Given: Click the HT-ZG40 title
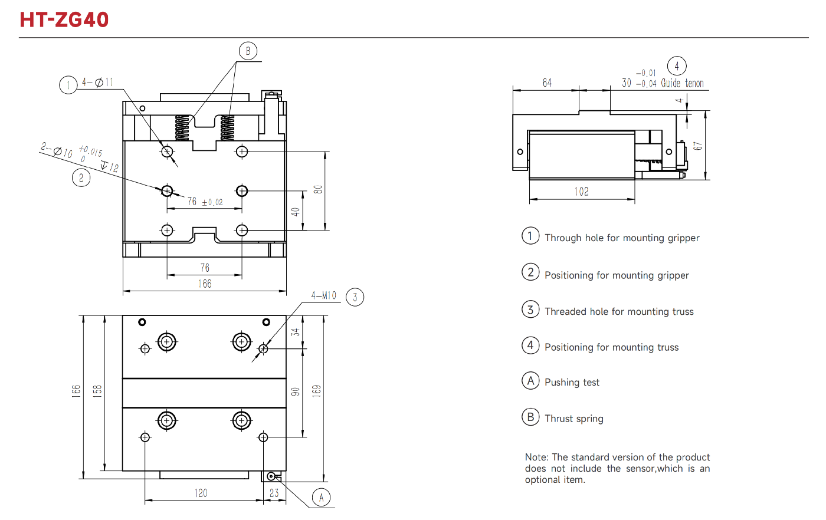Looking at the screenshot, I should [x=64, y=19].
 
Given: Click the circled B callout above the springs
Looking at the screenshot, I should [x=248, y=51].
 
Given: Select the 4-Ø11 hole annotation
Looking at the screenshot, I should [x=97, y=83].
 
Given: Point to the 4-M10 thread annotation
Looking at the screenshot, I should [x=323, y=295].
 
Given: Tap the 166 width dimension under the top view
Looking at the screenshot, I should [x=205, y=284].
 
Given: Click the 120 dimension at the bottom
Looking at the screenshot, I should [x=201, y=493].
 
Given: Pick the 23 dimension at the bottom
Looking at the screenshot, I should [x=274, y=493].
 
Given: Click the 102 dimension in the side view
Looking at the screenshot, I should [x=581, y=192].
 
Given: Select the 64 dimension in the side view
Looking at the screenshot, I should [x=547, y=83].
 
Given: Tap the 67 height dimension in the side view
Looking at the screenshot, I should [x=698, y=146].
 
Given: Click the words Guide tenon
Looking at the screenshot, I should [x=682, y=84].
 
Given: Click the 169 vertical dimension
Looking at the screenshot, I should [x=317, y=390].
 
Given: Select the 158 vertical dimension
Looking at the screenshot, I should [x=97, y=390].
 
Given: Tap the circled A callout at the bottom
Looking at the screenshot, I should [x=321, y=498].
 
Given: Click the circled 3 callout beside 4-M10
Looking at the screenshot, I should [x=355, y=297].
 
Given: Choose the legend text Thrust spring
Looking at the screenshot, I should [x=573, y=419].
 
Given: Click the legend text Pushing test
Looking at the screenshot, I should [x=572, y=383].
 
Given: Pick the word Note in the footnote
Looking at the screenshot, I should [x=536, y=458].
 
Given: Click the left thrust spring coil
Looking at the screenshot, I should [x=182, y=127].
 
